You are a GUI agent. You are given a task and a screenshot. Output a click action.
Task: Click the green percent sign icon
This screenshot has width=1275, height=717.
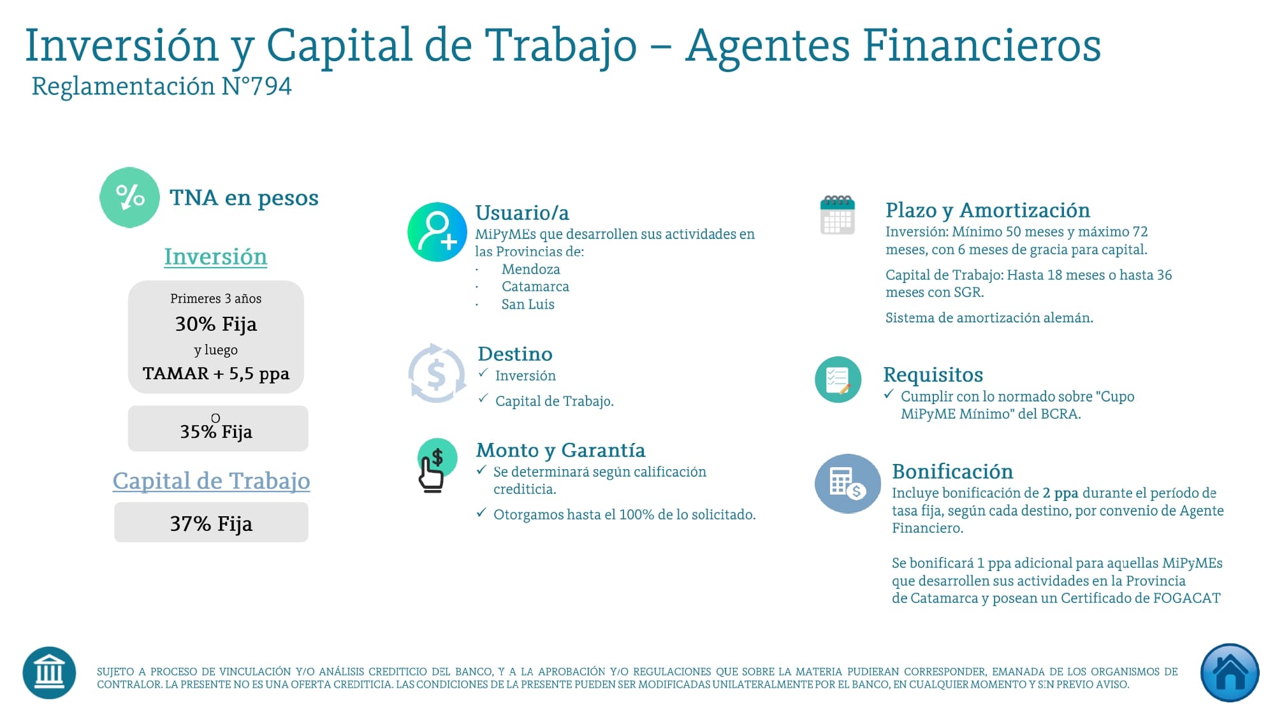(129, 198)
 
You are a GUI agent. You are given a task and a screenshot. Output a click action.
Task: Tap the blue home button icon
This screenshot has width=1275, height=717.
(1229, 672)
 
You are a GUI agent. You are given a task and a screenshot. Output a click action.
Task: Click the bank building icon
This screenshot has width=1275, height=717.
(49, 672)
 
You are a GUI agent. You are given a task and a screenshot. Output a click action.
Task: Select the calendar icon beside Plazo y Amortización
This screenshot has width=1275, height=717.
(837, 215)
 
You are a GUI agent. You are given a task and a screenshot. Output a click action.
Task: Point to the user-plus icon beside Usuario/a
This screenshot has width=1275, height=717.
(437, 232)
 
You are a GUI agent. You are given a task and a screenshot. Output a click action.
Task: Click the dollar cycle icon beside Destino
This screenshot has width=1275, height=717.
(437, 373)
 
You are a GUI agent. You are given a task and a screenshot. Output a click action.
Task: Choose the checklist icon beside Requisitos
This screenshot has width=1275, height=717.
(838, 379)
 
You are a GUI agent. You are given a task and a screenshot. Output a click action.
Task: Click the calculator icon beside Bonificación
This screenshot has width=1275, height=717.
(847, 483)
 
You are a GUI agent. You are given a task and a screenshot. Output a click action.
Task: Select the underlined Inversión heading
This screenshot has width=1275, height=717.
(215, 257)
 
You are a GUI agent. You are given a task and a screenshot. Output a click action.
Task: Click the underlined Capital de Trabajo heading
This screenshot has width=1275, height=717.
(211, 481)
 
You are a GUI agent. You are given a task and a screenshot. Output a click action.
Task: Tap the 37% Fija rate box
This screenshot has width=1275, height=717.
(211, 523)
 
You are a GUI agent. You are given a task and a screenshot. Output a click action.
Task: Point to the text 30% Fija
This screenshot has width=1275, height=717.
(216, 324)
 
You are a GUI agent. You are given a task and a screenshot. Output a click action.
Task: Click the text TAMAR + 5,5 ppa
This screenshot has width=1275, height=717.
(216, 373)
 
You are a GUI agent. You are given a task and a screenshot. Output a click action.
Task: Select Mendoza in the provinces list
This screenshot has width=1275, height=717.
(530, 269)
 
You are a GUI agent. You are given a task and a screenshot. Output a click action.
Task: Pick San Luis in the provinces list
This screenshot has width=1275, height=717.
(528, 304)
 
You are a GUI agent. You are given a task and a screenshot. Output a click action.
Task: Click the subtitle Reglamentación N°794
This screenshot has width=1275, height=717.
(162, 86)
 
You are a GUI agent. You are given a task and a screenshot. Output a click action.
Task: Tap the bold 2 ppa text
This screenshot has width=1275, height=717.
(1060, 493)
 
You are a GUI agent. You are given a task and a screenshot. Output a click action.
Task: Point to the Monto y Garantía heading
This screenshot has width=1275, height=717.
(560, 450)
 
